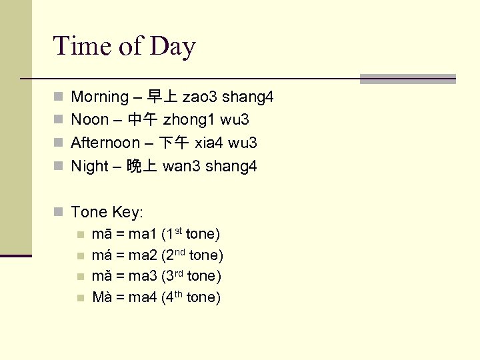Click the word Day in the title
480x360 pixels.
click(x=173, y=46)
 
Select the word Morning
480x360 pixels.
click(x=99, y=97)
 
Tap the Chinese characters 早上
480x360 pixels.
click(x=162, y=97)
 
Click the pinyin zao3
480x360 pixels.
click(x=200, y=97)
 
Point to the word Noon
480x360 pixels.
click(x=89, y=120)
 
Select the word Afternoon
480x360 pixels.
click(x=105, y=143)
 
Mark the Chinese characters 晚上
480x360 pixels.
click(x=142, y=166)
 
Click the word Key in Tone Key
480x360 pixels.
click(x=128, y=213)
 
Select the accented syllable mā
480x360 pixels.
click(x=101, y=235)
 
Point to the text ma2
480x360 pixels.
click(x=141, y=255)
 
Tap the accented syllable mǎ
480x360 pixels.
click(x=101, y=276)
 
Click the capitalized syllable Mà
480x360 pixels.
click(x=103, y=297)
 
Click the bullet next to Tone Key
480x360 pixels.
click(x=59, y=213)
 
